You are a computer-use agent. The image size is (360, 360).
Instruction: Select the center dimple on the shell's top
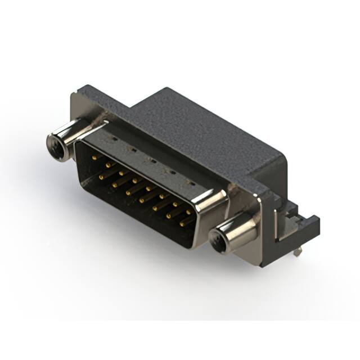click(x=151, y=160)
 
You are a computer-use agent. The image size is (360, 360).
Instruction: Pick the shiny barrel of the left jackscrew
click(x=70, y=135)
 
